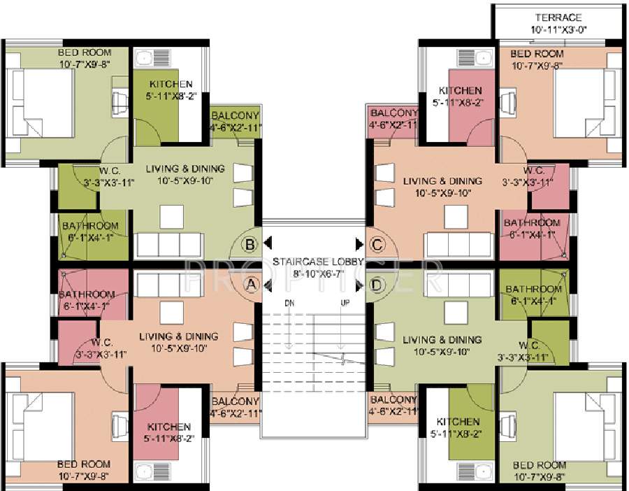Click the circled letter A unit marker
[250, 284]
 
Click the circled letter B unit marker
[250, 244]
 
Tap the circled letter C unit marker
[377, 244]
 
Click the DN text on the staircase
[289, 303]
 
